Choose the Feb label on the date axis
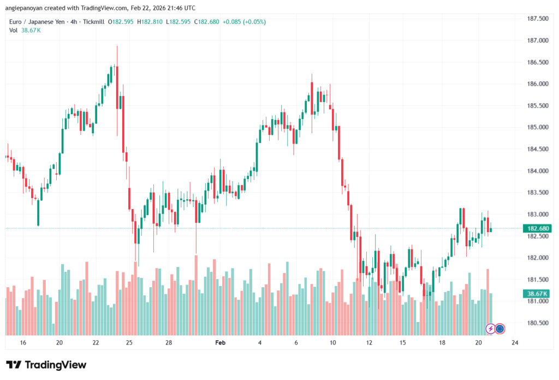[x=220, y=343]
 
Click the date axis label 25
[x=129, y=343]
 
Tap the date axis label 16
[x=23, y=343]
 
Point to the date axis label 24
[x=514, y=343]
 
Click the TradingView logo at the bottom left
[x=46, y=365]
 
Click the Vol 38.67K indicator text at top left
[x=25, y=30]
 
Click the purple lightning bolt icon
[x=490, y=329]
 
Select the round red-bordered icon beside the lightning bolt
[x=500, y=329]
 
